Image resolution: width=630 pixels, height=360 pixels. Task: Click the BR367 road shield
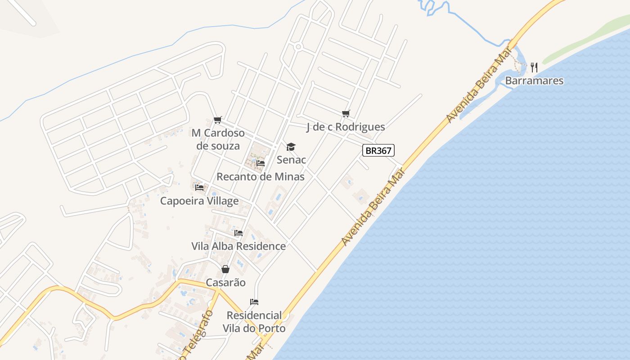(x=378, y=150)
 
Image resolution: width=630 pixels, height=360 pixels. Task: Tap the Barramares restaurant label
(x=534, y=81)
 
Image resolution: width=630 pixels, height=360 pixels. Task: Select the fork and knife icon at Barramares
(x=534, y=67)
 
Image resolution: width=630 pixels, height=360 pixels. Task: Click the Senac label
(x=291, y=160)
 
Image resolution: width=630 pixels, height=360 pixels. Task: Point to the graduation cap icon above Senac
(x=291, y=147)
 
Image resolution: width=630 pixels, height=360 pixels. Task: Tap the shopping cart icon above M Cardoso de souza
(x=218, y=120)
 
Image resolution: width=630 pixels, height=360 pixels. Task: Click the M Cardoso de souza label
(x=218, y=139)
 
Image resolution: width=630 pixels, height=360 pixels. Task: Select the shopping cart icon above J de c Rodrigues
(x=346, y=113)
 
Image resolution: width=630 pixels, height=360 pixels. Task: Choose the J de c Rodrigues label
(x=346, y=127)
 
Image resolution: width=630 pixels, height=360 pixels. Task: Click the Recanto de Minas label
(x=261, y=177)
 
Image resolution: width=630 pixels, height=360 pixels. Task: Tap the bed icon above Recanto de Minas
(x=261, y=163)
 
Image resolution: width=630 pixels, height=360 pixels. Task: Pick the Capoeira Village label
(x=199, y=201)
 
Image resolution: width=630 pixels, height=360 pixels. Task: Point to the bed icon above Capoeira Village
(x=199, y=187)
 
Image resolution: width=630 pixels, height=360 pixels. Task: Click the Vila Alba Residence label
(x=238, y=246)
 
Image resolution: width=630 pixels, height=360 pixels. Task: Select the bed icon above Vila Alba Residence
(x=238, y=233)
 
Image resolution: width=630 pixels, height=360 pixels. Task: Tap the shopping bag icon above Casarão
(x=225, y=269)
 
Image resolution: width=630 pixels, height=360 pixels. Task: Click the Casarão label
(x=225, y=283)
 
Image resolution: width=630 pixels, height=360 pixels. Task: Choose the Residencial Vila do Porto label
(x=254, y=322)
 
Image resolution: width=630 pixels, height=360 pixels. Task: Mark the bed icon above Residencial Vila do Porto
(x=254, y=301)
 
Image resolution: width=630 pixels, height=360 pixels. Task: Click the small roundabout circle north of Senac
(x=298, y=46)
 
